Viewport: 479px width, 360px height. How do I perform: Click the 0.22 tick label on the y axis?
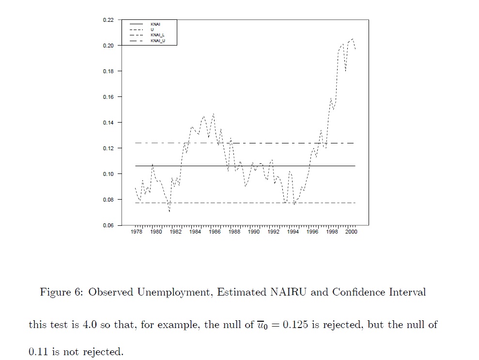(108, 20)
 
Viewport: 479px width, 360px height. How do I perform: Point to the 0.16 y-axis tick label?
(108, 97)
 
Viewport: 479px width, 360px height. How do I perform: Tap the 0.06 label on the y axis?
(108, 225)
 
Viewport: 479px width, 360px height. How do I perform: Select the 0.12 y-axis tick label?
(108, 148)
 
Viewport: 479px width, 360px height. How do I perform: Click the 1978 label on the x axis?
(137, 232)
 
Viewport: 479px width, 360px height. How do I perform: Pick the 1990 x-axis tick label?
(254, 232)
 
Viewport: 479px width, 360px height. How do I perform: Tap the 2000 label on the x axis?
(351, 232)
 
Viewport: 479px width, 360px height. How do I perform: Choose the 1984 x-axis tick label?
(195, 232)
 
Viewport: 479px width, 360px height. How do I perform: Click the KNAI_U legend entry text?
(158, 41)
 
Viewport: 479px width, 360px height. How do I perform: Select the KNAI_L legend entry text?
(158, 35)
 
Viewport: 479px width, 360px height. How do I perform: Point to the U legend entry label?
(152, 30)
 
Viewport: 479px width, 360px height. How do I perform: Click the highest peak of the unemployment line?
(353, 39)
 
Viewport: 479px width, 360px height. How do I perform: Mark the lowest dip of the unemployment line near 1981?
(170, 212)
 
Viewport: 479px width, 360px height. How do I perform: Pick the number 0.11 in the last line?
(39, 352)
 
